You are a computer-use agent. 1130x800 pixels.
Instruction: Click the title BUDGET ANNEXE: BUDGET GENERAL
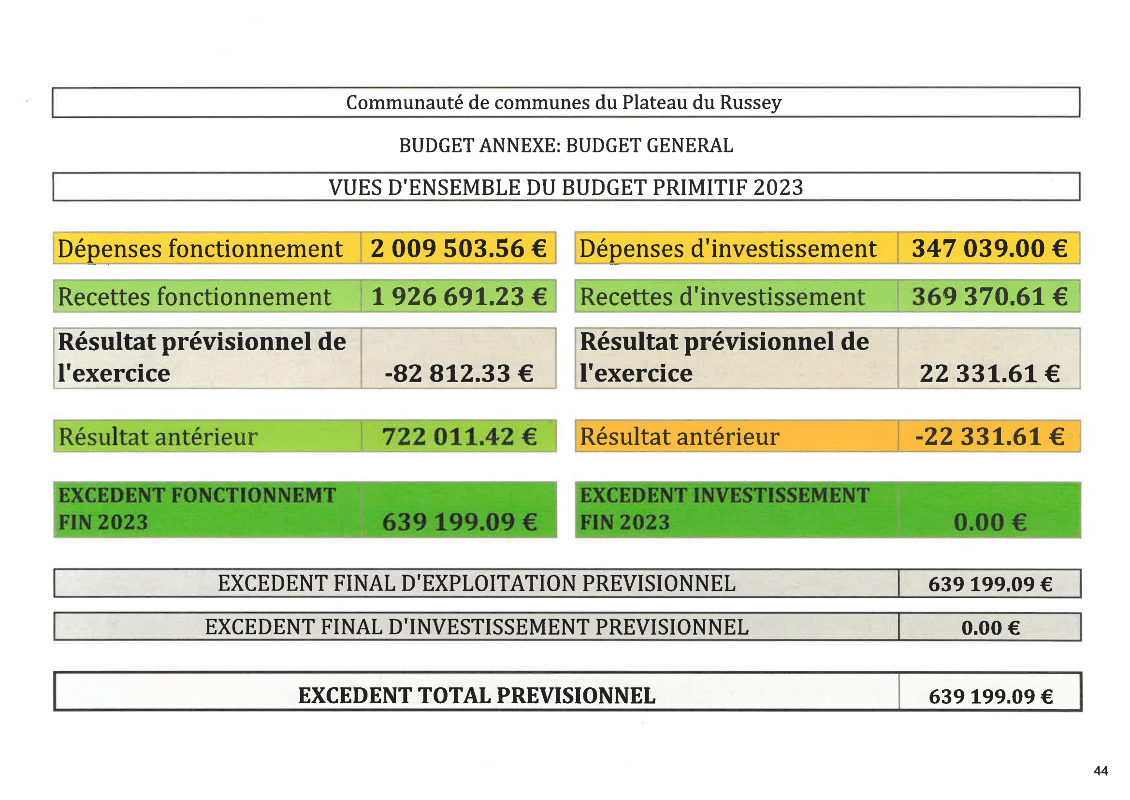pos(565,146)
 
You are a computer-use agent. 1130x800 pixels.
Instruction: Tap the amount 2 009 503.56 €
pos(458,248)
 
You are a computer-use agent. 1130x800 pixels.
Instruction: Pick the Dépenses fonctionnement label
pos(200,249)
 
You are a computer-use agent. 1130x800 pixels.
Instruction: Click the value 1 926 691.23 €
pos(459,296)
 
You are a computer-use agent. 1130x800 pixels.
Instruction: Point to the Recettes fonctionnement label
pos(194,297)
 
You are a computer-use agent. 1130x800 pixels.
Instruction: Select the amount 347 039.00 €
pos(989,248)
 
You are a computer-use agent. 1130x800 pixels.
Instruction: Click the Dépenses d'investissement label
pos(727,249)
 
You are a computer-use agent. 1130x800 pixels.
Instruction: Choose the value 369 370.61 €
pos(989,296)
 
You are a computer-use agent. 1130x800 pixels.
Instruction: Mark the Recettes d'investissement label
pos(722,297)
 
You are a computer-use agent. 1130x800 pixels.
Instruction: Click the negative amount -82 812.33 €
pos(459,373)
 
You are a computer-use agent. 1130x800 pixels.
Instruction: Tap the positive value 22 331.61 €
pos(989,373)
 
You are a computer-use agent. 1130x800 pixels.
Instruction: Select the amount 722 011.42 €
pos(459,437)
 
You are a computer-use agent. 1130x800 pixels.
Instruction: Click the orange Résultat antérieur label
pos(679,437)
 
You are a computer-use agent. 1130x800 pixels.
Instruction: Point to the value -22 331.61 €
pos(989,437)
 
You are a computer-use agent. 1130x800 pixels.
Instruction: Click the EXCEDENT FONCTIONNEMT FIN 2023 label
pos(197,509)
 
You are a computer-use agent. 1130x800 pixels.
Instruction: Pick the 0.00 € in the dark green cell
pos(990,523)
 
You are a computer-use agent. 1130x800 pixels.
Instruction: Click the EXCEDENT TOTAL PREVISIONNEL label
pos(477,696)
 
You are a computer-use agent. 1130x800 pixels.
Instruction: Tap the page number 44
pos(1101,771)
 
